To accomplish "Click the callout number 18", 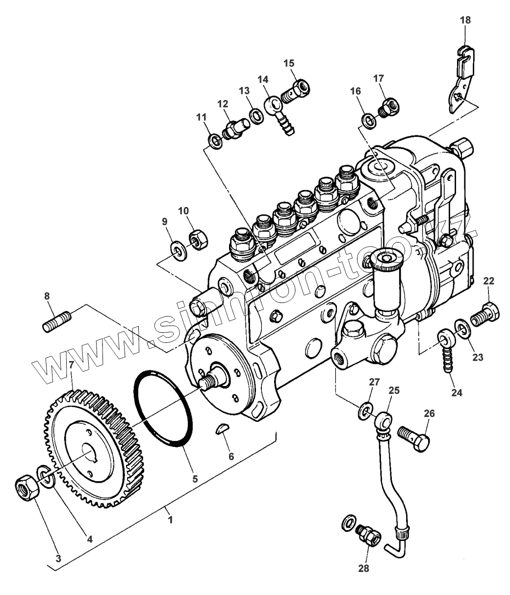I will pyautogui.click(x=465, y=20).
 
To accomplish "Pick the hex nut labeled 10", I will pyautogui.click(x=198, y=239).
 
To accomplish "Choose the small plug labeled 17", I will pyautogui.click(x=389, y=105).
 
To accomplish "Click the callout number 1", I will pyautogui.click(x=170, y=519).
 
